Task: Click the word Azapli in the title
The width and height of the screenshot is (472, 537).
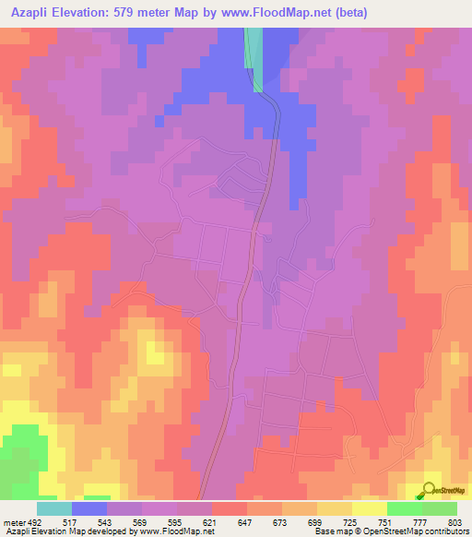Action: [35, 13]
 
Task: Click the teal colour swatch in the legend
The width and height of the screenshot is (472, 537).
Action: [54, 508]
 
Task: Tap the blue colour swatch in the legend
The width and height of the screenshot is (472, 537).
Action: [89, 508]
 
